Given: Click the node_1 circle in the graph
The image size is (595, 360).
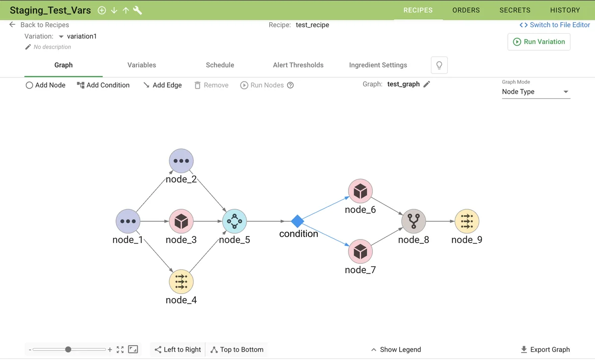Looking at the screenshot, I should click(128, 221).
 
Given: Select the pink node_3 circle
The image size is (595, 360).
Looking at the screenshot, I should click(181, 221).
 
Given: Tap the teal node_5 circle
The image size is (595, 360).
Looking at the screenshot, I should click(235, 221).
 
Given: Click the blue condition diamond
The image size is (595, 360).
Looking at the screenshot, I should click(297, 221).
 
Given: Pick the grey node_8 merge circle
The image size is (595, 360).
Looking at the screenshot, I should click(413, 221).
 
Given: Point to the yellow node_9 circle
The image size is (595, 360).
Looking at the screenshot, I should click(467, 221).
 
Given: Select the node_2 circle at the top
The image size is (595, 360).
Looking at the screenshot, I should click(181, 161).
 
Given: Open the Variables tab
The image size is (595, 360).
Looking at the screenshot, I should click(142, 65).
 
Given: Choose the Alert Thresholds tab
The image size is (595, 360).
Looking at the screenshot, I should click(298, 65).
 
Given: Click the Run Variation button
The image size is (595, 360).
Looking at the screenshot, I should click(539, 42).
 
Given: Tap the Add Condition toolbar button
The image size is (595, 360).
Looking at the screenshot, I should click(103, 85).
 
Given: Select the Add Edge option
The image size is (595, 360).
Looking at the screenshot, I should click(162, 85).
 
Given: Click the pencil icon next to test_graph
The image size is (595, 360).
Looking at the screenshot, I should click(427, 84).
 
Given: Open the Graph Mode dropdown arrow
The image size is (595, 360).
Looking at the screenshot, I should click(566, 92).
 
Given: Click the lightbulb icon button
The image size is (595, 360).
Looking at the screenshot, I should click(439, 65).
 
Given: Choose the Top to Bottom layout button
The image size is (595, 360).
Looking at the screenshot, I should click(237, 350).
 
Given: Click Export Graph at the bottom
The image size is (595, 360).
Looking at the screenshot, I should click(545, 350).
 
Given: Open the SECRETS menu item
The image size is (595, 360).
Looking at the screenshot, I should click(515, 10).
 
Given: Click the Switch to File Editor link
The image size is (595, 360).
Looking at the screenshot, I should click(555, 25).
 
